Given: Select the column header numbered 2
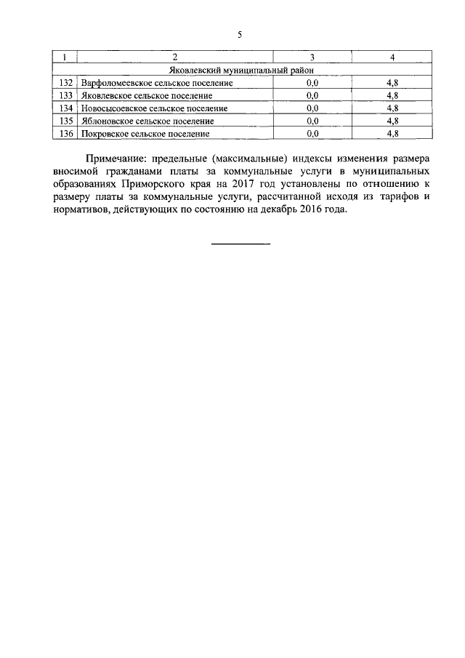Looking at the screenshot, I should pos(175,57).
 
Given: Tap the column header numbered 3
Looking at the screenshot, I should pos(312,57).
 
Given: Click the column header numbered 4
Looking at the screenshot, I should pos(392,57).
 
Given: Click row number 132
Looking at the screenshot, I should pos(65,83).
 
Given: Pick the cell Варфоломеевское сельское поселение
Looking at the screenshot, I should pos(156,83).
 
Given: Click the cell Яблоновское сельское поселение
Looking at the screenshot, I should pos(147,121).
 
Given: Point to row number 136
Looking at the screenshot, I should pos(65,134).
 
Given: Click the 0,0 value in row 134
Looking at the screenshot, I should pos(312,108).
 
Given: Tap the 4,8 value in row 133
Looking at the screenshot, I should pos(392,95).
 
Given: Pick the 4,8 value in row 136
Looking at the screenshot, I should pos(392,134).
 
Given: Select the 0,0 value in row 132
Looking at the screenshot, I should pos(312,83).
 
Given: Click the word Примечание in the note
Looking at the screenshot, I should pos(114,159).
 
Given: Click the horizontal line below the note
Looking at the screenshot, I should pos(240,243).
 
